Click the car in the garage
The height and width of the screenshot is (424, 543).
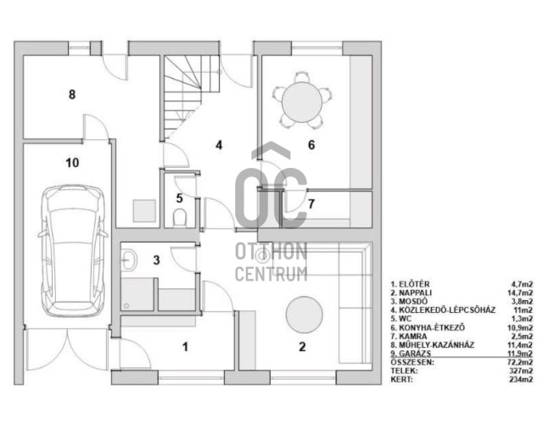73,251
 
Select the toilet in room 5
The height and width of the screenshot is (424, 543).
179,217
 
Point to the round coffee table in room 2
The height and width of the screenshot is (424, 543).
304,315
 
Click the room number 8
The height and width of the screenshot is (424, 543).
72,94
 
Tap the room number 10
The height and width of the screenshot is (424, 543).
72,162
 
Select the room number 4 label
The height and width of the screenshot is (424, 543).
219,145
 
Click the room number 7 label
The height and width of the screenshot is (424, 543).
311,204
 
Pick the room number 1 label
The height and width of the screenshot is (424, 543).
185,347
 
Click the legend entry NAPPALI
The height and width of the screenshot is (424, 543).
415,293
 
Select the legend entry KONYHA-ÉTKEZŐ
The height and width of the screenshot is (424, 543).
432,327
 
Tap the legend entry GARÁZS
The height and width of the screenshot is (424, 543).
415,354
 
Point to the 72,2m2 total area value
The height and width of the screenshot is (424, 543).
520,362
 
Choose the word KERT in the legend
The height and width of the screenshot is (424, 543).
401,379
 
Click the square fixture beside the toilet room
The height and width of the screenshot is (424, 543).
144,210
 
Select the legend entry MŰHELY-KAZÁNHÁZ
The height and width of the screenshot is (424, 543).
436,345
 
